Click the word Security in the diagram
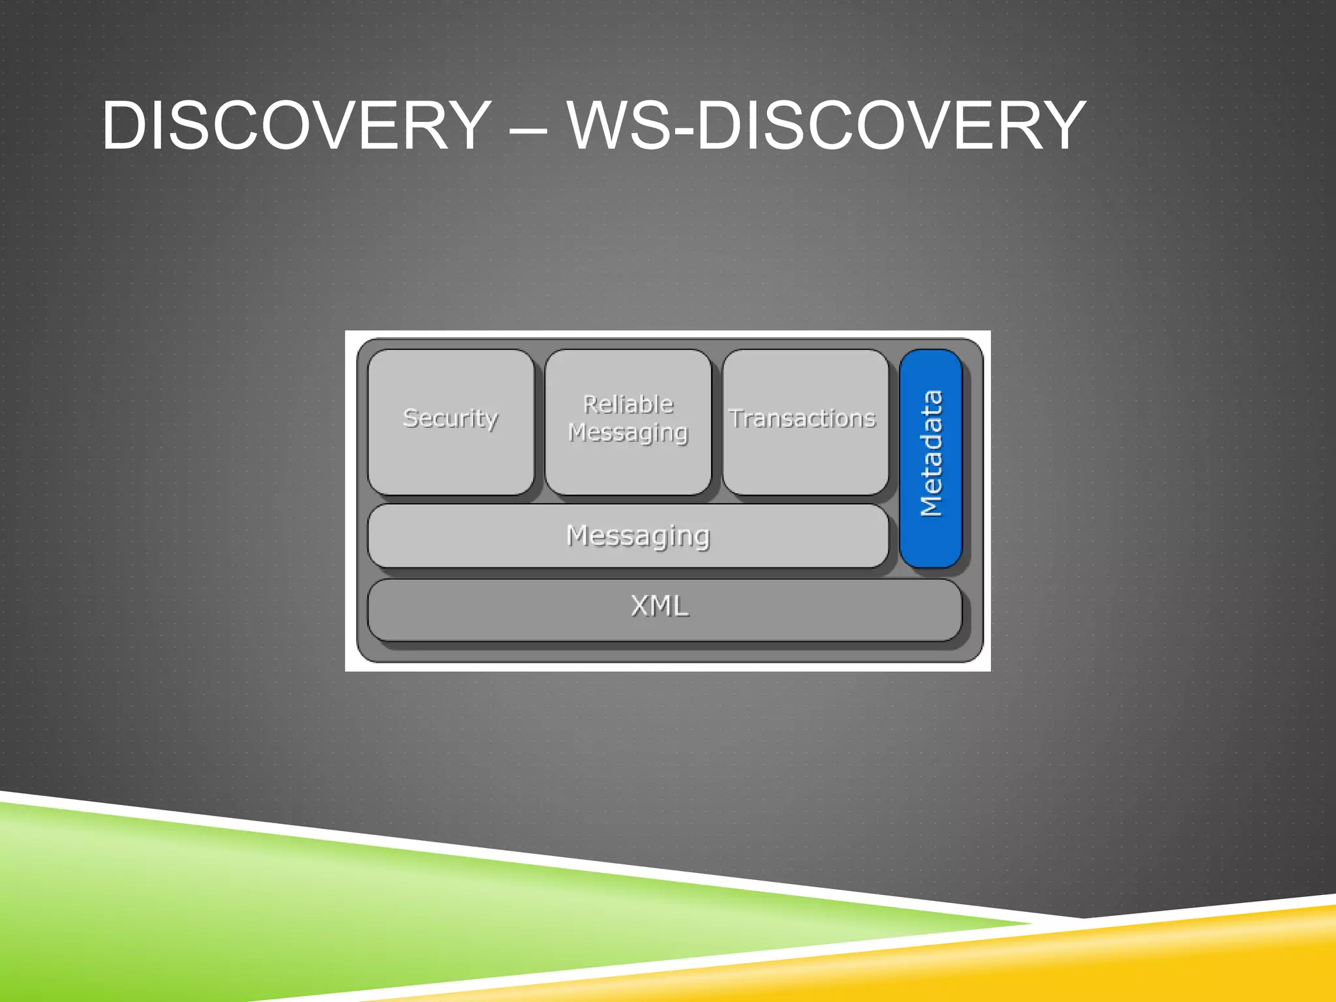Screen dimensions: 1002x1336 coord(450,418)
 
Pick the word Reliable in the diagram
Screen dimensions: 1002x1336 coord(628,404)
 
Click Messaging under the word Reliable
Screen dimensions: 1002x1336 coord(628,433)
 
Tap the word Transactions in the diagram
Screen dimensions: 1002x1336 coord(802,419)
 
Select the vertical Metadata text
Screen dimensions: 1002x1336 coord(931,453)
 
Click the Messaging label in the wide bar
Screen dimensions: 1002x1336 coord(638,536)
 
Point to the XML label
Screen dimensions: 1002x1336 coord(660,606)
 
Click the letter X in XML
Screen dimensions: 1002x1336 coord(641,606)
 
